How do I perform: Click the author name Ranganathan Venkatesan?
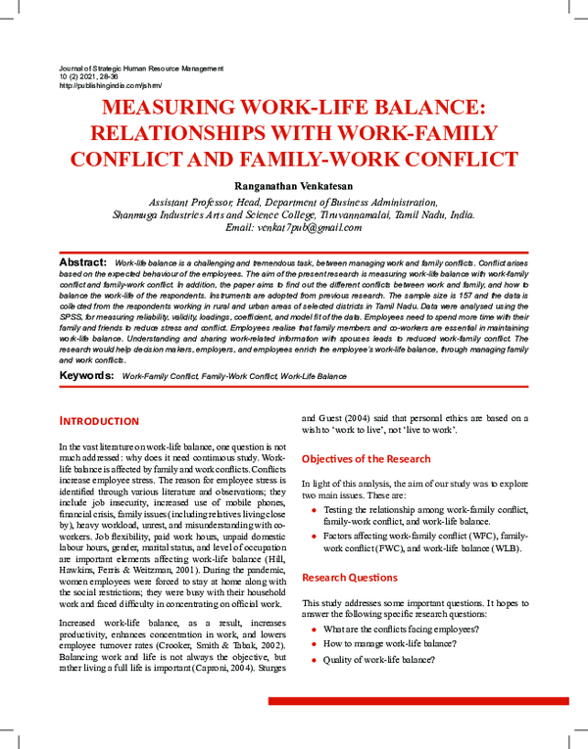tap(293, 184)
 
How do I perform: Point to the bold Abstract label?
tap(83, 262)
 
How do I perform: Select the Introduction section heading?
tap(99, 421)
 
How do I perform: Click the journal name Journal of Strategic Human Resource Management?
tap(141, 69)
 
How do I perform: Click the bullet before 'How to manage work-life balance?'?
tap(314, 645)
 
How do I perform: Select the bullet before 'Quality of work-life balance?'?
tap(314, 662)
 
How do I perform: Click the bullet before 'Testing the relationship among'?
tap(314, 510)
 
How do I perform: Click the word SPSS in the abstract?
tap(72, 318)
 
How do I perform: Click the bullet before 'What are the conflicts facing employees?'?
tap(314, 629)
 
